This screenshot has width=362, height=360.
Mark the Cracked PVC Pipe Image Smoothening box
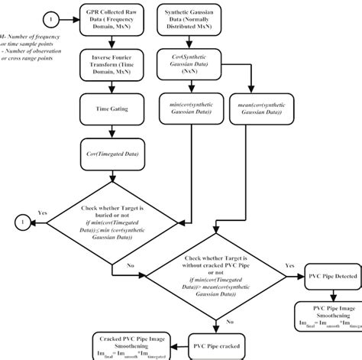pos(129,344)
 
